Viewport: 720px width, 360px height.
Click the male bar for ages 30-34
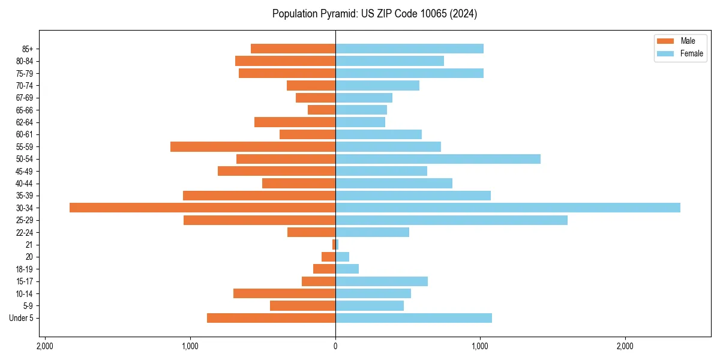click(202, 208)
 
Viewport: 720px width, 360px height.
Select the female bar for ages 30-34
click(508, 208)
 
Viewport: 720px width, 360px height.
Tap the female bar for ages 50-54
click(438, 159)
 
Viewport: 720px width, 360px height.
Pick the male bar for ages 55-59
click(253, 146)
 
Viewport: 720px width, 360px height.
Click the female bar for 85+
click(409, 49)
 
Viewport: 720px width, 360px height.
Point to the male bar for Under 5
click(271, 318)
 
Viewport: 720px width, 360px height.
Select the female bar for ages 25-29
click(451, 220)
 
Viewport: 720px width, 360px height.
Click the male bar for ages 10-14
click(284, 293)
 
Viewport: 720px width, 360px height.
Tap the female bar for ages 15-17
click(382, 281)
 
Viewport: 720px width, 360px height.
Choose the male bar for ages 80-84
click(285, 61)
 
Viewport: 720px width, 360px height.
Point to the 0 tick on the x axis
click(335, 346)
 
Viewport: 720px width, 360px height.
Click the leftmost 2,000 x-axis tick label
click(45, 346)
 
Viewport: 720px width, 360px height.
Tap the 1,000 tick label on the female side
click(480, 346)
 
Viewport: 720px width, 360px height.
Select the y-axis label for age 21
click(29, 245)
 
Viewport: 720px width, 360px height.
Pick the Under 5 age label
click(22, 318)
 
